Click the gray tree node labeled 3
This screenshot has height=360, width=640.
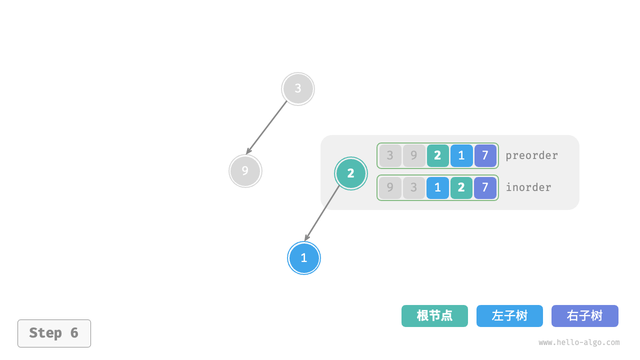coord(298,89)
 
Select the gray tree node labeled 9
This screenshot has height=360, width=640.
coord(245,171)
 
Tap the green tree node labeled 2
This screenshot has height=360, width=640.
coord(350,173)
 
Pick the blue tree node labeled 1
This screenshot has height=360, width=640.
coord(303,258)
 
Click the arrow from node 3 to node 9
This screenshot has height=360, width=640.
coord(267,127)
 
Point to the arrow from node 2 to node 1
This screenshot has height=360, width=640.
coord(322,213)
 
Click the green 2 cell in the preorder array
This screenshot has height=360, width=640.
coord(437,155)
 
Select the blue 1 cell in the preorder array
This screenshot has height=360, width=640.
coord(461,155)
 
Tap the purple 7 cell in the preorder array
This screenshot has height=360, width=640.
coord(485,155)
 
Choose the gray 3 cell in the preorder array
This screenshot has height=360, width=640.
coord(390,155)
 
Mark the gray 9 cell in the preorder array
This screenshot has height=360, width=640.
coord(414,155)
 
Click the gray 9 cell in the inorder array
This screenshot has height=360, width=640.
coord(390,187)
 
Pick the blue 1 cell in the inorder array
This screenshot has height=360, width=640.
coord(437,187)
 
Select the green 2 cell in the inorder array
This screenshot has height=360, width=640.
coord(461,187)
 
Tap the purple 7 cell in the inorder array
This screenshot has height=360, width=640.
coord(485,187)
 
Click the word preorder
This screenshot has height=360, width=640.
coord(531,155)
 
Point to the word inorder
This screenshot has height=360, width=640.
coord(528,187)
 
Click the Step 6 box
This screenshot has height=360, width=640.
coord(54,333)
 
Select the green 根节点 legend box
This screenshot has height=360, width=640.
coord(434,316)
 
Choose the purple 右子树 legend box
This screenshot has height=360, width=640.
coord(584,316)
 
